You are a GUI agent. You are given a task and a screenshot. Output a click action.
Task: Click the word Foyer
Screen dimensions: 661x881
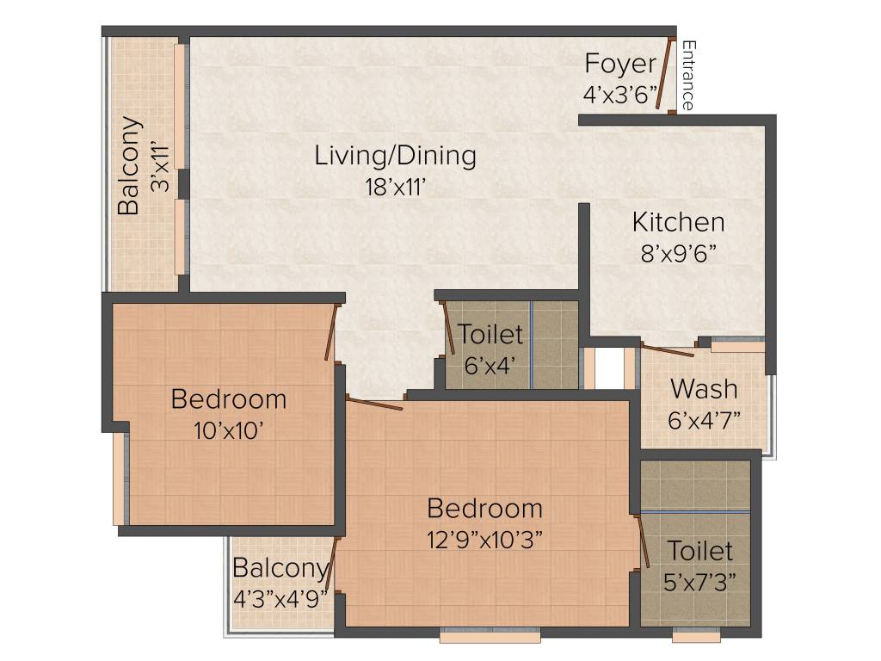(x=619, y=65)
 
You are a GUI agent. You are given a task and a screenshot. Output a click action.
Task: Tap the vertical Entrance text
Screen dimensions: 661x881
(x=687, y=76)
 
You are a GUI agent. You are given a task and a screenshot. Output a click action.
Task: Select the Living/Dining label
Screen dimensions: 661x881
(x=395, y=156)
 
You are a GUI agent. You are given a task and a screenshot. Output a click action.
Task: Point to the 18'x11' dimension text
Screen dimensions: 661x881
(x=395, y=187)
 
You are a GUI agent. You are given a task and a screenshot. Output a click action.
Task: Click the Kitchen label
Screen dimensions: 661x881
(x=678, y=222)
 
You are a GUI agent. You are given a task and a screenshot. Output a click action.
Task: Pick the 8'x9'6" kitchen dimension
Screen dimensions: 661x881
(x=678, y=254)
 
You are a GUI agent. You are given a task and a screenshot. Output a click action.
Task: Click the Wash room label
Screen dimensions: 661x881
(x=704, y=388)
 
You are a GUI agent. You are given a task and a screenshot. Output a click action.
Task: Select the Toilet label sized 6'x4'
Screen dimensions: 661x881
(x=490, y=334)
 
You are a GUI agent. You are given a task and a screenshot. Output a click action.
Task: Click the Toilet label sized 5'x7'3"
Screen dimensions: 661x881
(x=700, y=550)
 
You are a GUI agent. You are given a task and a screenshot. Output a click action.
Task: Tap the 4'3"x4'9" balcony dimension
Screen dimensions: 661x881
(x=281, y=598)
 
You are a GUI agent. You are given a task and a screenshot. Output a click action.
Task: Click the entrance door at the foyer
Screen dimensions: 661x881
(x=664, y=74)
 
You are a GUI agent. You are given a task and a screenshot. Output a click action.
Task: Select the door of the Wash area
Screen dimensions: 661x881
(x=668, y=350)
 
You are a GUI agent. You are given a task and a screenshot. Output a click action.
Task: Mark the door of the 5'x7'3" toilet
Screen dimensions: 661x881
(x=642, y=541)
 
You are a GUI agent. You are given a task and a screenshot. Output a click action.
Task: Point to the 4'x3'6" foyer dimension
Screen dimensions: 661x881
(x=619, y=95)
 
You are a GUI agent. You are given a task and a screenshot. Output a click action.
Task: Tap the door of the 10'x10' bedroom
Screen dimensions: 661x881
(x=330, y=331)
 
